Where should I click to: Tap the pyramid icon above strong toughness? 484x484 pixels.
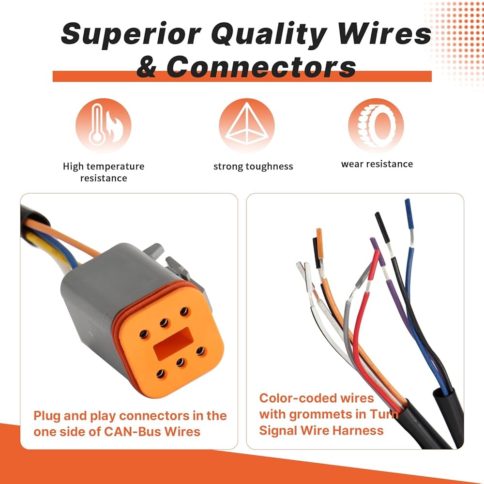pos(246,125)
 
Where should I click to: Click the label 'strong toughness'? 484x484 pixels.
pos(253,166)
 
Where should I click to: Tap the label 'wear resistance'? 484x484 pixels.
pos(377,164)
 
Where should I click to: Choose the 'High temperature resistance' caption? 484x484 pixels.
pos(104,172)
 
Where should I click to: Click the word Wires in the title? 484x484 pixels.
pos(384,35)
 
